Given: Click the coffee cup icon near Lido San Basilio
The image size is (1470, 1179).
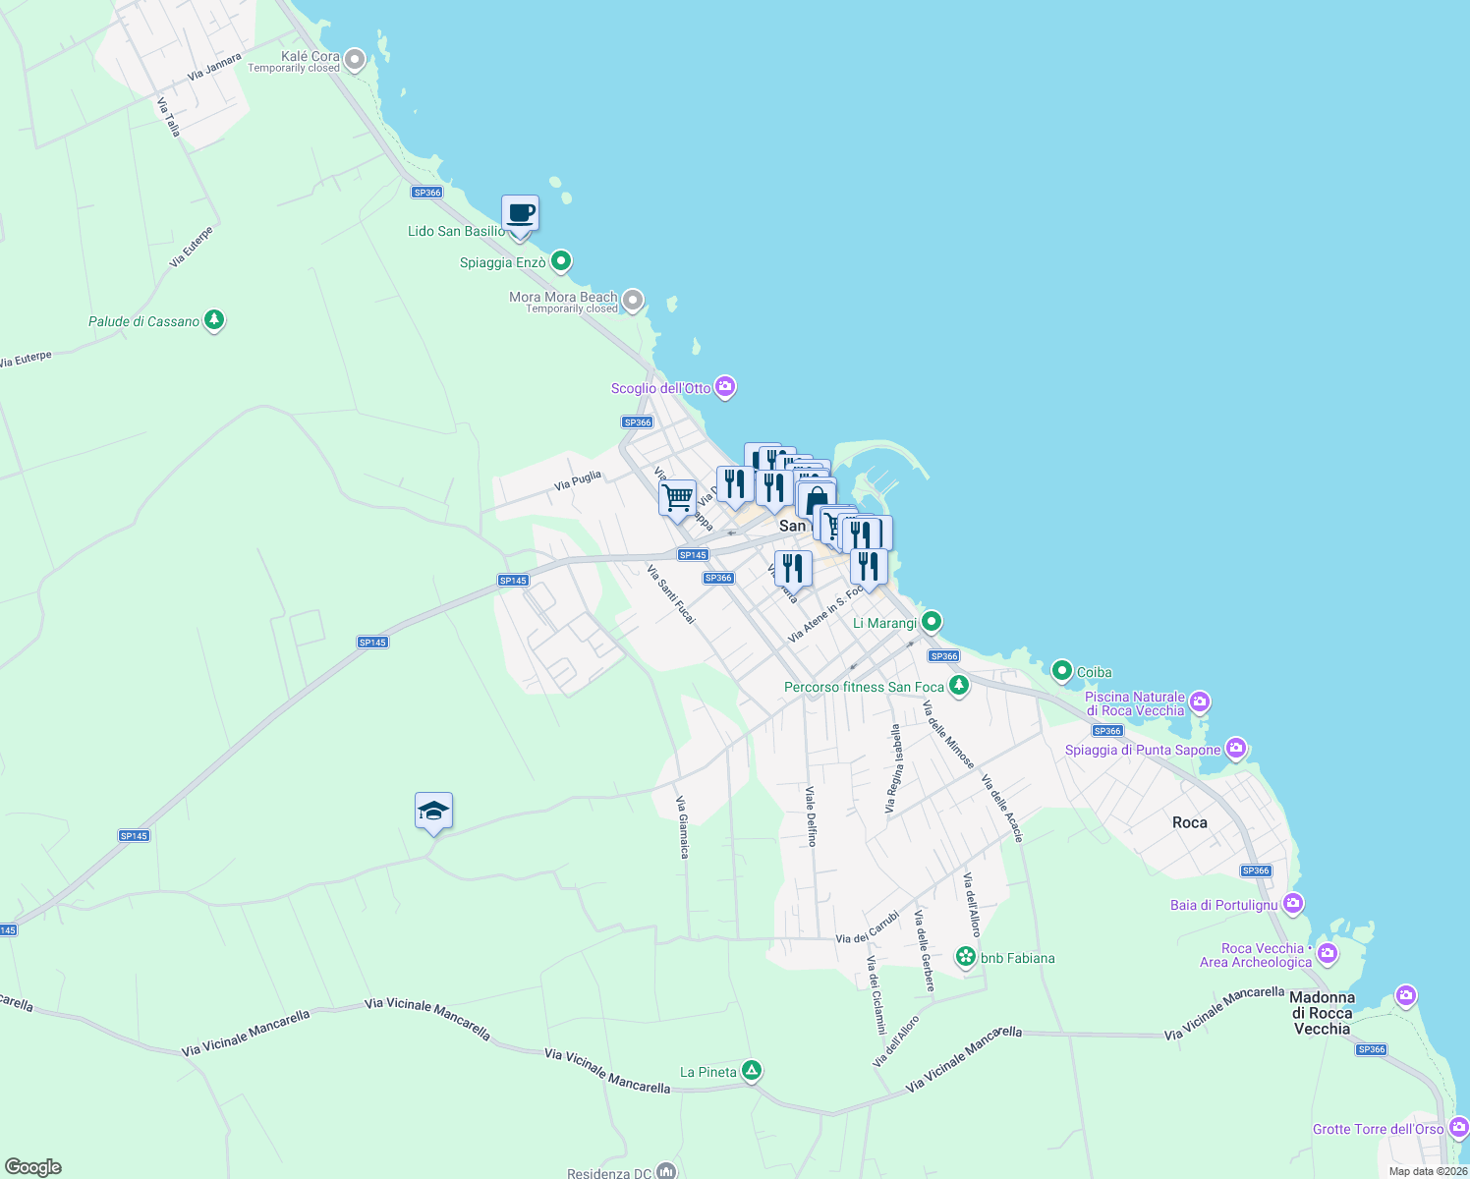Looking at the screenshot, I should pyautogui.click(x=520, y=213).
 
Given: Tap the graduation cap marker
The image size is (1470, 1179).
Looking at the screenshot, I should pyautogui.click(x=433, y=812).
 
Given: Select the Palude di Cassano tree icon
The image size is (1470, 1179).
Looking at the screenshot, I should pyautogui.click(x=214, y=320).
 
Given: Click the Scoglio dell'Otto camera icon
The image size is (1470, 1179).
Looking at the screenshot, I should pyautogui.click(x=725, y=387).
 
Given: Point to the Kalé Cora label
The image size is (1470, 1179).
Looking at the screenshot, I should pyautogui.click(x=310, y=57).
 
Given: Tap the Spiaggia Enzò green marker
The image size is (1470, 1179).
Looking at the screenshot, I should pyautogui.click(x=561, y=261).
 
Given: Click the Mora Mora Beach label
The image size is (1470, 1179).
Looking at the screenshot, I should pyautogui.click(x=563, y=297).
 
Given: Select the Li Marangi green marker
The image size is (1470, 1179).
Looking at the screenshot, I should pyautogui.click(x=932, y=621).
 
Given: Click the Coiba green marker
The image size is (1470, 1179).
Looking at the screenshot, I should pyautogui.click(x=1061, y=671).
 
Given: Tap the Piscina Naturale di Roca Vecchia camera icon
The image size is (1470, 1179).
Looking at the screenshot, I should pyautogui.click(x=1199, y=702).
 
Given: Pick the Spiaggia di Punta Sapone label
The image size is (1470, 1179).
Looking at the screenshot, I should pyautogui.click(x=1142, y=750).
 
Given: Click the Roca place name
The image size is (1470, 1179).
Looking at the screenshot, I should pyautogui.click(x=1189, y=822).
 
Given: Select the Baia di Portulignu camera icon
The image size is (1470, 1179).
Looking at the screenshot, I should pyautogui.click(x=1293, y=904).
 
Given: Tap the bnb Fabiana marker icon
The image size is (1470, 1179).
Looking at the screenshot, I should pyautogui.click(x=966, y=957).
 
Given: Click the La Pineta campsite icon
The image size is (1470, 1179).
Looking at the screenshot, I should pyautogui.click(x=752, y=1071).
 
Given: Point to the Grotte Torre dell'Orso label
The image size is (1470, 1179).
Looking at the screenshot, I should pyautogui.click(x=1378, y=1129).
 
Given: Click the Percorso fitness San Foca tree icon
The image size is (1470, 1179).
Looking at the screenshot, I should pyautogui.click(x=959, y=686).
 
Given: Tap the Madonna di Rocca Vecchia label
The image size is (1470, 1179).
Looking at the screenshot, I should pyautogui.click(x=1322, y=1013).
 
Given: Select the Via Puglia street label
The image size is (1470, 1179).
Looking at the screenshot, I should pyautogui.click(x=577, y=480).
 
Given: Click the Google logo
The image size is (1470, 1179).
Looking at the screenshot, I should pyautogui.click(x=33, y=1166).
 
